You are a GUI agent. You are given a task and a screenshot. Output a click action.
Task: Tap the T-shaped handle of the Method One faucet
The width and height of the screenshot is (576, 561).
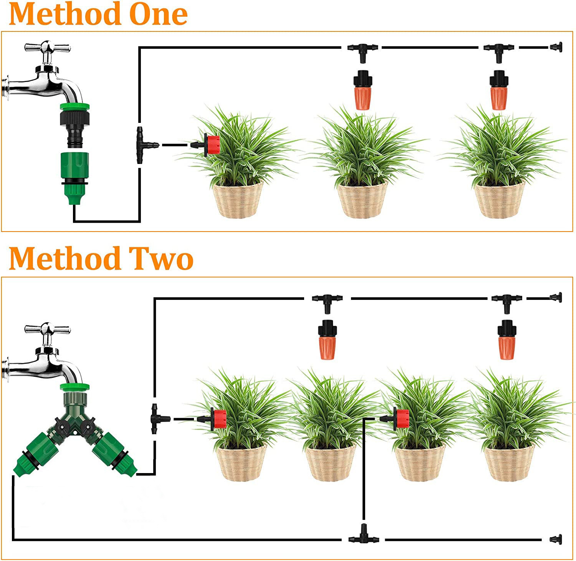[x=47, y=48]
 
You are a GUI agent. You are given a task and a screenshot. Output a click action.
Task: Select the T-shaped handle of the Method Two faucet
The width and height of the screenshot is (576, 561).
[x=47, y=329]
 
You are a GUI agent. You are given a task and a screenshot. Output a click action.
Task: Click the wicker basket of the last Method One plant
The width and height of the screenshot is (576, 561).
[x=499, y=200]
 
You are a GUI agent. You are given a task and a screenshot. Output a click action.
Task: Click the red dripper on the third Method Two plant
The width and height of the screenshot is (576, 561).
[x=401, y=419]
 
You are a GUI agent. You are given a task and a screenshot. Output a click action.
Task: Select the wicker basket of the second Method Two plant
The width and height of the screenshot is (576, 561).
[x=330, y=463]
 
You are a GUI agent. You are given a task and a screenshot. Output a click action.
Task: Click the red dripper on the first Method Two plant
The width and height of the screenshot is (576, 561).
[x=218, y=419]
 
